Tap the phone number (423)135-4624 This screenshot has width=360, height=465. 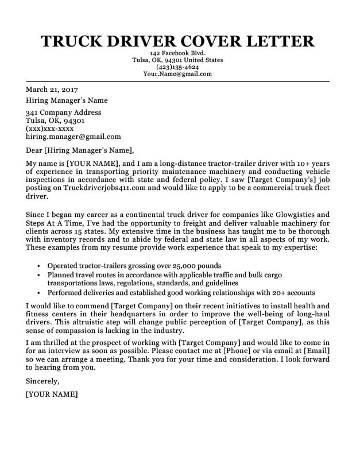(x=177, y=67)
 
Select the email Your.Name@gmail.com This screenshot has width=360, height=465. (x=177, y=74)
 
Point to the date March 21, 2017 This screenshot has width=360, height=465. (x=52, y=90)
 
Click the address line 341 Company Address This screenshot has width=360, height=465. (x=64, y=113)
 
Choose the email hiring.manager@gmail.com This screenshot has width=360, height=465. (x=73, y=137)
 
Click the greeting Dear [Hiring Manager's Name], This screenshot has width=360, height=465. (x=80, y=152)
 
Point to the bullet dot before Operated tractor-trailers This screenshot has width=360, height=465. (x=38, y=267)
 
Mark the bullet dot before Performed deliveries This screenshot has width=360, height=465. (x=38, y=292)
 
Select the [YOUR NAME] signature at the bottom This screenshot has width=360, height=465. (x=52, y=395)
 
